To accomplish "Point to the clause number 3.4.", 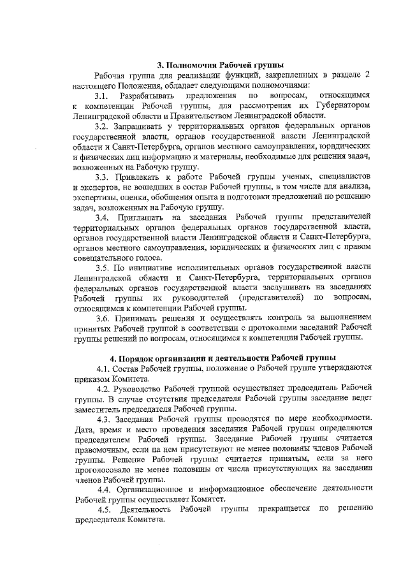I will point(104,219).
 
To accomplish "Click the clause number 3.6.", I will point(104,318).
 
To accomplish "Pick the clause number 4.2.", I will point(105,389).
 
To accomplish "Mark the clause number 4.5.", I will point(104,508).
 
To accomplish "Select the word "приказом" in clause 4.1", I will point(91,377).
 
